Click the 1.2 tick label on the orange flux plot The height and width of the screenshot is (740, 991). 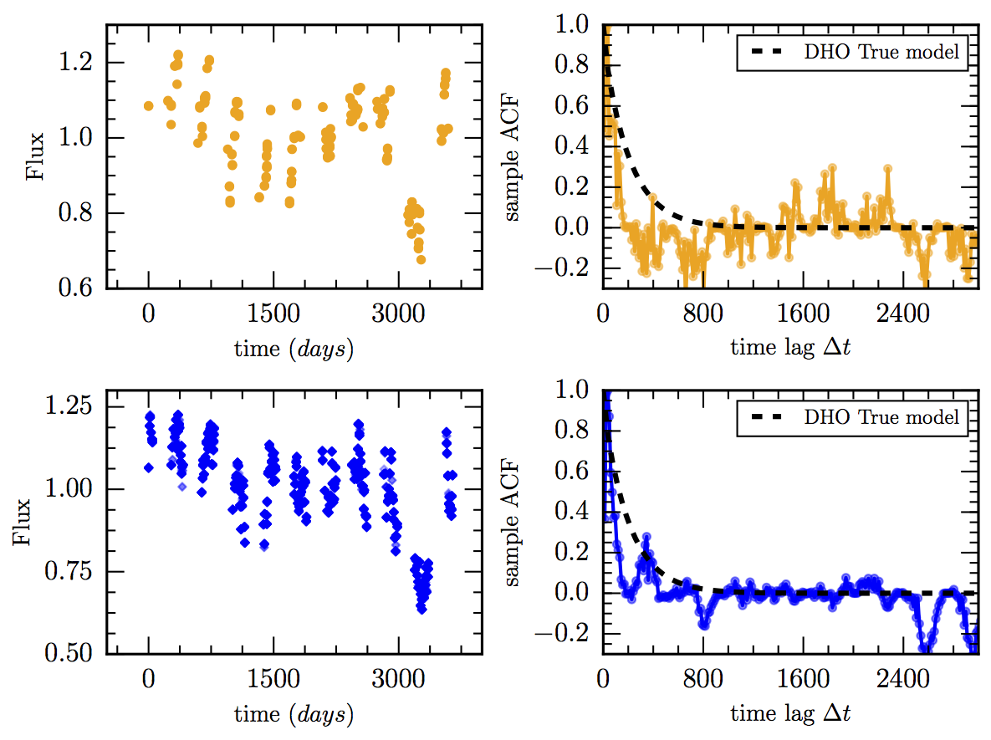pyautogui.click(x=83, y=63)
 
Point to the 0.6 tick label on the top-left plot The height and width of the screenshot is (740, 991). pyautogui.click(x=83, y=288)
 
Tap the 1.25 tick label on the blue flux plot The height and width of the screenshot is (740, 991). pyautogui.click(x=78, y=407)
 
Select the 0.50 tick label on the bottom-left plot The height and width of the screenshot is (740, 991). pyautogui.click(x=78, y=653)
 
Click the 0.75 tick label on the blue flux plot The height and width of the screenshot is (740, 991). pyautogui.click(x=78, y=571)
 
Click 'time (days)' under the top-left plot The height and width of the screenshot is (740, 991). pyautogui.click(x=294, y=349)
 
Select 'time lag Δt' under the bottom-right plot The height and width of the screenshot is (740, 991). pyautogui.click(x=791, y=714)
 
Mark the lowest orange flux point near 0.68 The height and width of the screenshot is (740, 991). pyautogui.click(x=421, y=259)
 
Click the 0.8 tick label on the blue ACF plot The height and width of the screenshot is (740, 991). pyautogui.click(x=580, y=431)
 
